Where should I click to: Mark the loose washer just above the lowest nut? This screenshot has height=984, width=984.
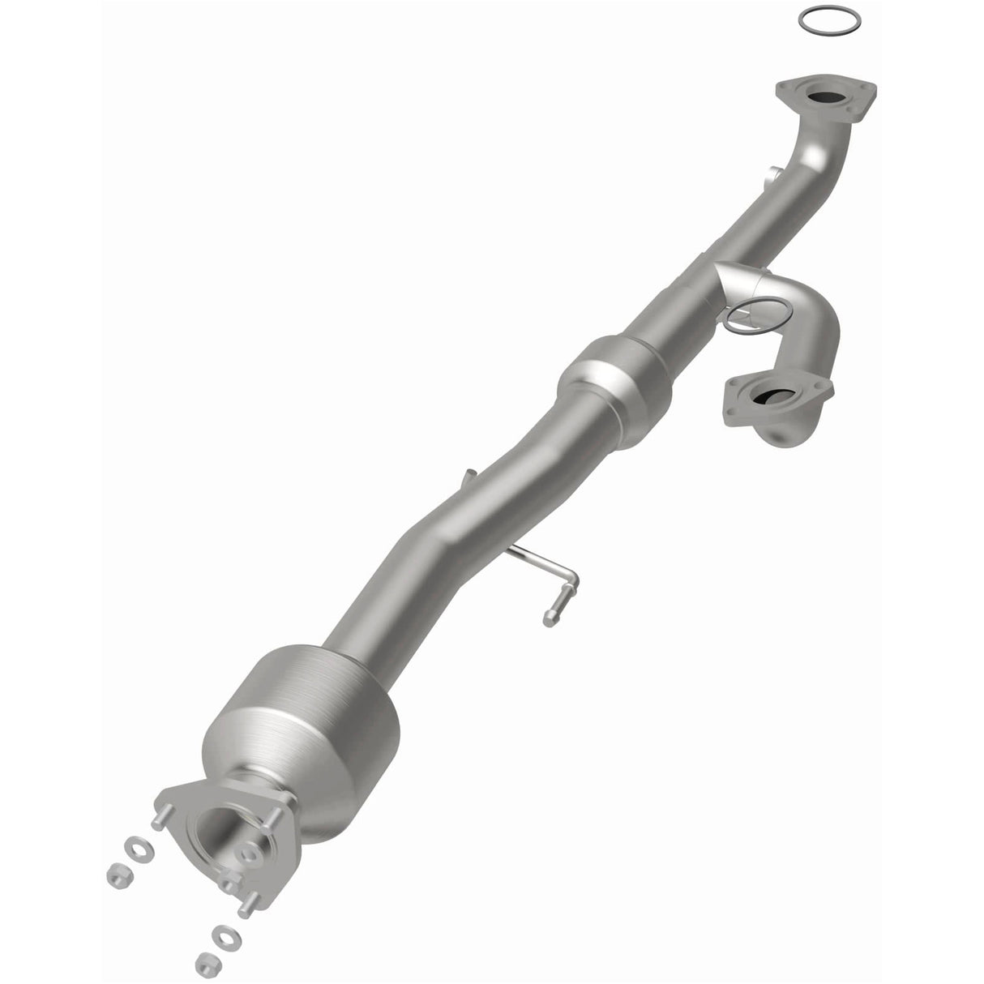coord(216,937)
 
